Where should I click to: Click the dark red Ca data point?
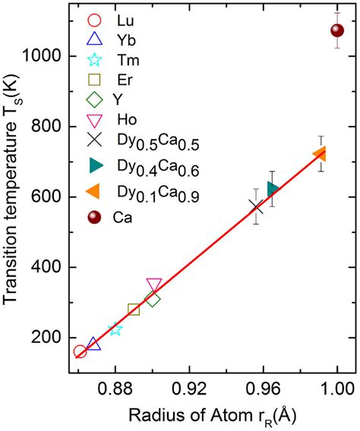[x=337, y=30]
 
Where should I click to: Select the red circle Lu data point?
[x=80, y=351]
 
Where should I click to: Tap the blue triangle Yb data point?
[x=93, y=344]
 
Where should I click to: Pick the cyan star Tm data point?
[x=115, y=329]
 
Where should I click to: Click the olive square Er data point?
[x=134, y=310]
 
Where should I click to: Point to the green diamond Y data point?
[x=153, y=300]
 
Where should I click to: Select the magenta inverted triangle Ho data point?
[x=154, y=285]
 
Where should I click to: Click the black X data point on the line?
[x=257, y=206]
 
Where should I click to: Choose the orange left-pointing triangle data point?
[x=320, y=155]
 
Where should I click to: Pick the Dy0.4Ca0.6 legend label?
[x=149, y=169]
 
